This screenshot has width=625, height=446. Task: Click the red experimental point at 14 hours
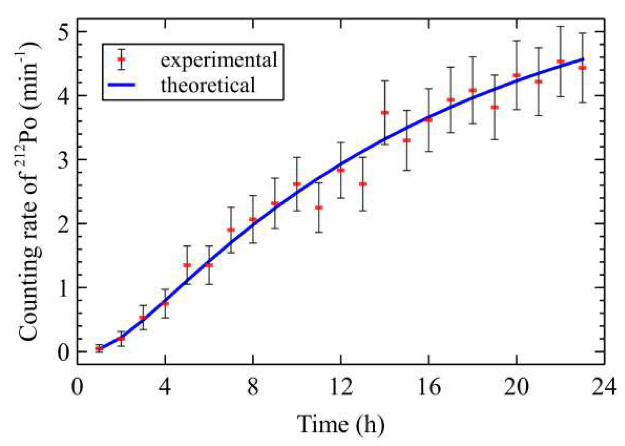(385, 113)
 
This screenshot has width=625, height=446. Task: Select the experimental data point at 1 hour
(99, 349)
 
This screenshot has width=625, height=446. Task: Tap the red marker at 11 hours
(319, 208)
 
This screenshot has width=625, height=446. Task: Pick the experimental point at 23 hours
(582, 68)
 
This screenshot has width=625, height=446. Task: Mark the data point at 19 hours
(494, 107)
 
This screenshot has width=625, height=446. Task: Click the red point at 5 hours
(187, 265)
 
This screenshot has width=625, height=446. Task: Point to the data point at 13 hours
(363, 184)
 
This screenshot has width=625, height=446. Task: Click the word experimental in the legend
(218, 60)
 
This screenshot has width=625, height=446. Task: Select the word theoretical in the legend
(208, 85)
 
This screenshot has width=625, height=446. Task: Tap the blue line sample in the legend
(121, 85)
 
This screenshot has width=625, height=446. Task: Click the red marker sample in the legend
(122, 59)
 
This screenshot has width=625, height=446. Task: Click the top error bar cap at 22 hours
(561, 27)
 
